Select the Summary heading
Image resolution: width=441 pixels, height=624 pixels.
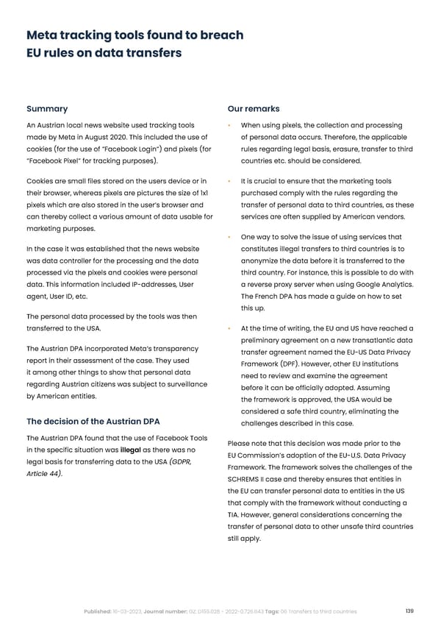click(x=46, y=108)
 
